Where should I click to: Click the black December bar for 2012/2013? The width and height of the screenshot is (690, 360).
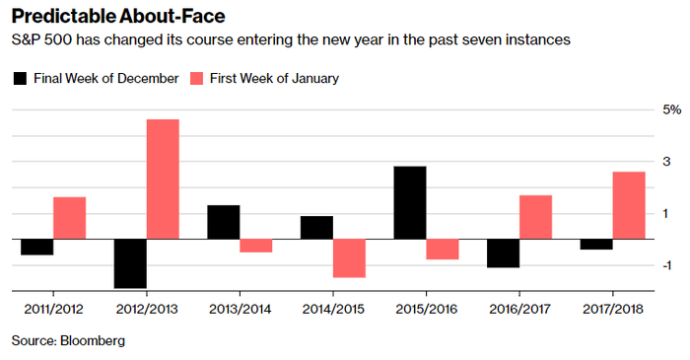pyautogui.click(x=130, y=263)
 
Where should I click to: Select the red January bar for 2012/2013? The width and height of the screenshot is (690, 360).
pyautogui.click(x=163, y=180)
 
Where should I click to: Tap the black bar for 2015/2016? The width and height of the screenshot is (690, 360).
pyautogui.click(x=410, y=203)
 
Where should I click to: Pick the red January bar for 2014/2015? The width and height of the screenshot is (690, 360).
pyautogui.click(x=349, y=258)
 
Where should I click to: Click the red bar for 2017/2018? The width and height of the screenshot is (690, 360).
pyautogui.click(x=629, y=205)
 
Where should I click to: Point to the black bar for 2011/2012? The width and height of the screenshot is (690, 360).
pyautogui.click(x=37, y=247)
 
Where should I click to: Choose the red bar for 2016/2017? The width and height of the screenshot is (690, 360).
pyautogui.click(x=535, y=217)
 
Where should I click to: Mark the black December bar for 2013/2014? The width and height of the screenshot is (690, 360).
pyautogui.click(x=224, y=222)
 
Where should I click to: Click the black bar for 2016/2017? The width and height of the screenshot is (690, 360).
pyautogui.click(x=503, y=253)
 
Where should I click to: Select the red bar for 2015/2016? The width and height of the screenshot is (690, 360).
pyautogui.click(x=443, y=250)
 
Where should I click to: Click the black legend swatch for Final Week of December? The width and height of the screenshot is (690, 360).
pyautogui.click(x=21, y=79)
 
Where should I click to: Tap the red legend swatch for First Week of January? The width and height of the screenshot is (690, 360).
pyautogui.click(x=196, y=79)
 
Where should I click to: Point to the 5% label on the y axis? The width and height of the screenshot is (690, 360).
pyautogui.click(x=672, y=109)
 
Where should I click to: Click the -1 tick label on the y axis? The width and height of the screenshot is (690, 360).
pyautogui.click(x=666, y=265)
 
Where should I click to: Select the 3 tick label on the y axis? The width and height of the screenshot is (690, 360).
pyautogui.click(x=666, y=162)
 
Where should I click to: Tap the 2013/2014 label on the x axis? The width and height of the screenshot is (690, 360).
pyautogui.click(x=240, y=309)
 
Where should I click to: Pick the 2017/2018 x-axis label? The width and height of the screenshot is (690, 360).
pyautogui.click(x=612, y=309)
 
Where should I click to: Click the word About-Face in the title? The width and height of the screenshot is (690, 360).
pyautogui.click(x=172, y=17)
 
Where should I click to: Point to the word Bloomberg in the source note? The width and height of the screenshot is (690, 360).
pyautogui.click(x=93, y=340)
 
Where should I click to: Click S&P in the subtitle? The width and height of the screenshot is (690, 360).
pyautogui.click(x=26, y=39)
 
